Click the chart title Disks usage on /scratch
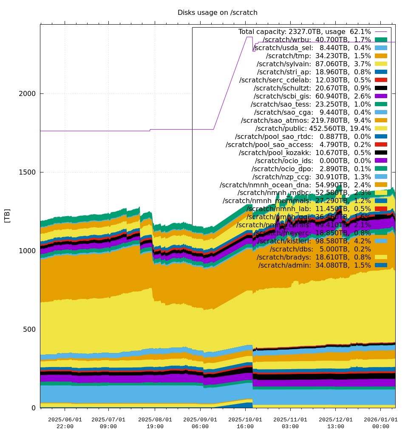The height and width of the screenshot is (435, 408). click(x=217, y=13)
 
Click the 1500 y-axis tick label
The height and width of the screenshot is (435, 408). click(x=28, y=172)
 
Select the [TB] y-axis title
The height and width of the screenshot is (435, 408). click(x=7, y=216)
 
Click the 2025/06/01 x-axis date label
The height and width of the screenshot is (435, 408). click(x=65, y=419)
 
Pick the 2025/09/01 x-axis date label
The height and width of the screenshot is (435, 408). click(x=200, y=419)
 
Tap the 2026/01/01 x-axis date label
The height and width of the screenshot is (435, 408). click(x=380, y=419)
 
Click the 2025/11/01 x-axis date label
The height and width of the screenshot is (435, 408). click(x=290, y=419)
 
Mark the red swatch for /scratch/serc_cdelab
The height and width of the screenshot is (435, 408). click(x=381, y=80)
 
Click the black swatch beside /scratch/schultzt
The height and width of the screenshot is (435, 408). click(x=381, y=88)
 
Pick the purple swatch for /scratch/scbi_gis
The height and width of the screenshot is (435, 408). click(x=381, y=96)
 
